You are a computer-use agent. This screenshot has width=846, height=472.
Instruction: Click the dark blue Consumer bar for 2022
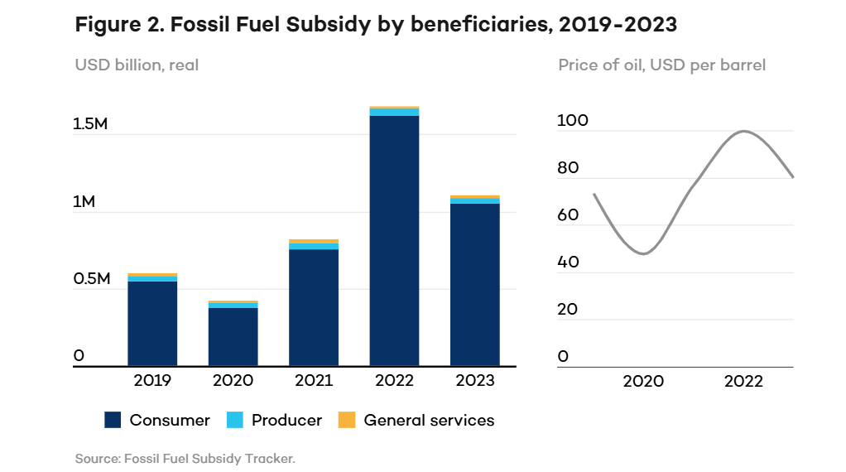tap(394, 240)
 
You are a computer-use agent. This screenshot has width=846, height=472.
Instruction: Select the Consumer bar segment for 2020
tap(233, 336)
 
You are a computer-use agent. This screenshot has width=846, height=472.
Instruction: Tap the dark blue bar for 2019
tap(152, 323)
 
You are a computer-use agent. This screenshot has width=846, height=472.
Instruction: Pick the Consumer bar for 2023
tap(474, 284)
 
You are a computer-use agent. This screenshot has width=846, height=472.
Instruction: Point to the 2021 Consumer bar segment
tap(314, 307)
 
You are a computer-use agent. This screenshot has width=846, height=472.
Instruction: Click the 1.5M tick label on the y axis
tap(92, 124)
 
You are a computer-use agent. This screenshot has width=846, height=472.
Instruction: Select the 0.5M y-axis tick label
tap(92, 279)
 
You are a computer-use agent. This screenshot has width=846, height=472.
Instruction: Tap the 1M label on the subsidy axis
tap(84, 202)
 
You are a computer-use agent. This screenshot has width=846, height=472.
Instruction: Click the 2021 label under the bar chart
tap(314, 381)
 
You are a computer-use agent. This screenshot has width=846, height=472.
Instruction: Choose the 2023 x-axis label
tap(474, 381)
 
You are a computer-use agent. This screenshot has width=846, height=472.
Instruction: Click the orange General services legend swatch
tap(346, 421)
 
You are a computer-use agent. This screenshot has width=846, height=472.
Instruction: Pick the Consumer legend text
tap(170, 421)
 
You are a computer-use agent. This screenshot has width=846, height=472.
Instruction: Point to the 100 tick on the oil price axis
tap(573, 121)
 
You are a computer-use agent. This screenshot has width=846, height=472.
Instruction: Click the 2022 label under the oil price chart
tap(743, 381)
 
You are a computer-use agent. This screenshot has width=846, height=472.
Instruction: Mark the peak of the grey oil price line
tap(744, 131)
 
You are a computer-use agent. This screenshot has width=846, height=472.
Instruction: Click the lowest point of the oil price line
tap(643, 253)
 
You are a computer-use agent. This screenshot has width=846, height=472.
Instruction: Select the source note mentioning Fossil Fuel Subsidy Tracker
tap(185, 458)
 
